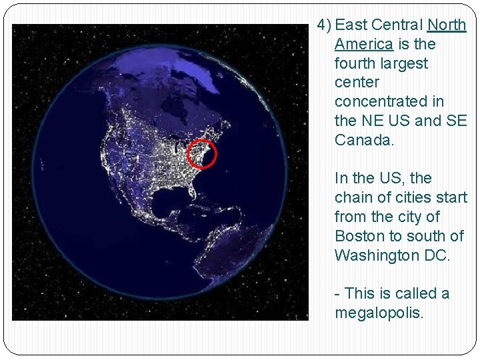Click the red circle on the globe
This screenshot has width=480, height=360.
coord(201,154)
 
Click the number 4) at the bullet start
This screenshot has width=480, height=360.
coord(324,25)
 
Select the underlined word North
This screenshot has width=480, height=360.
coord(447,25)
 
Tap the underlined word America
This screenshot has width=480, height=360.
coord(364,45)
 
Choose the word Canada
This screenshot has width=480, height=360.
coord(364,141)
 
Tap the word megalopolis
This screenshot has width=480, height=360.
coord(379,313)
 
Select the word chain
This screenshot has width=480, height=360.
coord(353,198)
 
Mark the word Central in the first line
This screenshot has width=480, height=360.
coord(397,25)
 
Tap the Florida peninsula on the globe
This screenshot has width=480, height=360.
coord(195,191)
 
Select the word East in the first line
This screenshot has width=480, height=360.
coord(351,25)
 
